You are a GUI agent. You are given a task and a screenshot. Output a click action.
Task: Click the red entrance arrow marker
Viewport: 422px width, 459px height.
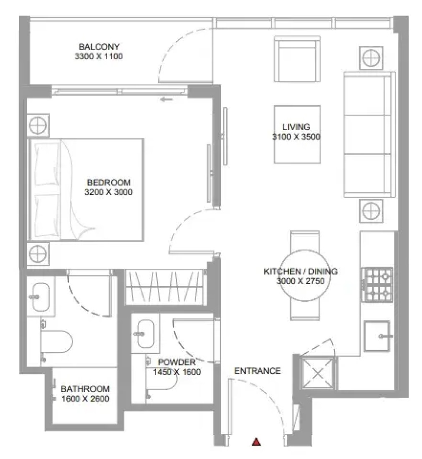(256, 441)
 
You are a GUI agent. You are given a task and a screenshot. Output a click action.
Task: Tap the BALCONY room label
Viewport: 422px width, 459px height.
(99, 47)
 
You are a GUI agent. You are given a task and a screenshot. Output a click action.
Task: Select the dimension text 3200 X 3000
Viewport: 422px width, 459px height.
(109, 192)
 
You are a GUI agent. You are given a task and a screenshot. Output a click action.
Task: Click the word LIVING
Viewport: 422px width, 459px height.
(296, 127)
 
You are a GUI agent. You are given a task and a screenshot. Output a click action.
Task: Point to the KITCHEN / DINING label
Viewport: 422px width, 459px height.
(301, 271)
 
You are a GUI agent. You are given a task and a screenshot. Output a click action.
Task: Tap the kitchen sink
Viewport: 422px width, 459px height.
(377, 336)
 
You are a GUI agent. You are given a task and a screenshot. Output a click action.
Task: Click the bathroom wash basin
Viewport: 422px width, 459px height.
(40, 297)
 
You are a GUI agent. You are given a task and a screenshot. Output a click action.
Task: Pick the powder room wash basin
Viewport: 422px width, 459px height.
(145, 333)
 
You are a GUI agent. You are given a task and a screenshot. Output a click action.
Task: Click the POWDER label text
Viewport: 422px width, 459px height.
(177, 362)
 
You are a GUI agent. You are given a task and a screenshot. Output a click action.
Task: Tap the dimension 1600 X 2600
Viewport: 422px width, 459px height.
(86, 398)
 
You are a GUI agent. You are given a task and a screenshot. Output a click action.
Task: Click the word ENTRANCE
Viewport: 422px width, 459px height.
(258, 371)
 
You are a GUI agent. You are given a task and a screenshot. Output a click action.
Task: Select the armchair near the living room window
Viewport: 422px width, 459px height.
(297, 59)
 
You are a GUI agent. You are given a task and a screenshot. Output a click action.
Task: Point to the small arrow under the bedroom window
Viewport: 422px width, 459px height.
(167, 100)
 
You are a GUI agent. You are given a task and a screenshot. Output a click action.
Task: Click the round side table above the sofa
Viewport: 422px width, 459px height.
(371, 58)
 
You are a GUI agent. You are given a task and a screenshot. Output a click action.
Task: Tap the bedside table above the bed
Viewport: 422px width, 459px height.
(38, 125)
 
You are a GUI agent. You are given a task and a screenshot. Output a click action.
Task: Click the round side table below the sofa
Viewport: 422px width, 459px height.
(371, 211)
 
